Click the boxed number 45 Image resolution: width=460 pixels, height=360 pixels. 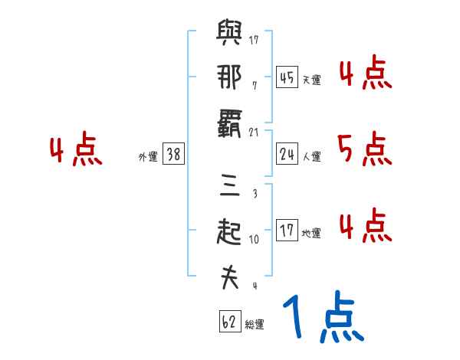point(287,77)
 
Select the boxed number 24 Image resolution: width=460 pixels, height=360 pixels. point(287,155)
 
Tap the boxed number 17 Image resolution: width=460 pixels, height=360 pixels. point(287,231)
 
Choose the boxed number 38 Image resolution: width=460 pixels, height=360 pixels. point(173,155)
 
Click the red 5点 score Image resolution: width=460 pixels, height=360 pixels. point(364,149)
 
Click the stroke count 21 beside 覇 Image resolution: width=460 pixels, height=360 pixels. point(255,133)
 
